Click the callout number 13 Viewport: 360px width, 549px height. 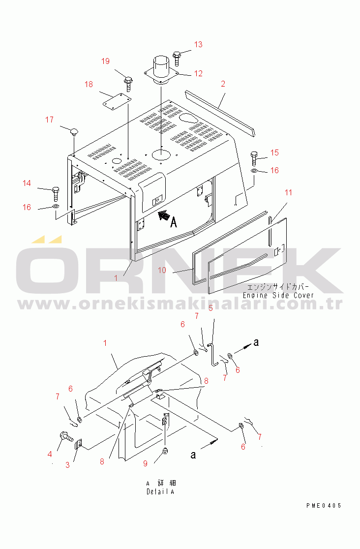[x=198, y=44]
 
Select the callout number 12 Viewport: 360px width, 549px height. [x=198, y=74]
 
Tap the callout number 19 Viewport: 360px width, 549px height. [x=106, y=61]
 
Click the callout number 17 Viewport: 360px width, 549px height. [x=49, y=120]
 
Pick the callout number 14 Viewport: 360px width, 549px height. [x=27, y=183]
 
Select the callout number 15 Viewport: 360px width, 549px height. [x=274, y=152]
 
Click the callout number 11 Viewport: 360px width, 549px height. [x=288, y=192]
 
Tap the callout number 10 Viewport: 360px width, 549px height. [x=162, y=270]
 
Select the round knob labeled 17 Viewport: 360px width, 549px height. [x=74, y=132]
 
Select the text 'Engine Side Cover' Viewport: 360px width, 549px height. [x=278, y=295]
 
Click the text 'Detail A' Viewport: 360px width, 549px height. [x=160, y=491]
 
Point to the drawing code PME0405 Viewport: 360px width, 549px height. [x=323, y=505]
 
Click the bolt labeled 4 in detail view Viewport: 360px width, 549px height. [x=65, y=436]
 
